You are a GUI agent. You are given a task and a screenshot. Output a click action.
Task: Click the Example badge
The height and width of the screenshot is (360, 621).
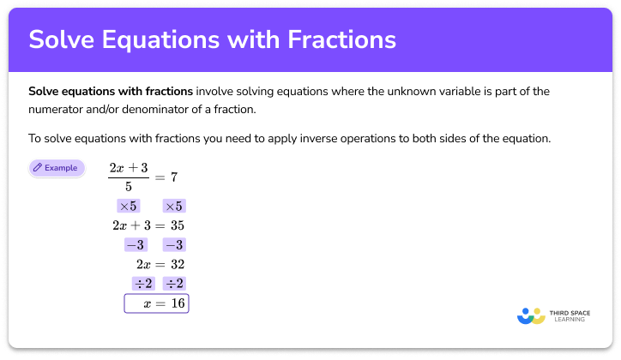point(57,168)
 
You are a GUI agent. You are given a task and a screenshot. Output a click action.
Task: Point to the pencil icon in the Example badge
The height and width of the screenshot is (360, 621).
point(38,168)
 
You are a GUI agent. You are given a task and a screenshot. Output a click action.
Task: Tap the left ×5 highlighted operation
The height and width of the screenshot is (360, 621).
point(128,206)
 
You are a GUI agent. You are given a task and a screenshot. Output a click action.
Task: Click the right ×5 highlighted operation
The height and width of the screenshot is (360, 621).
point(173,206)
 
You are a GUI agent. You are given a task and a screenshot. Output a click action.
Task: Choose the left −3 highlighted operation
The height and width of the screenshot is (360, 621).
point(135,245)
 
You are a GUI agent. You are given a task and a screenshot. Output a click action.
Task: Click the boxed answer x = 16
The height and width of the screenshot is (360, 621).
point(156,303)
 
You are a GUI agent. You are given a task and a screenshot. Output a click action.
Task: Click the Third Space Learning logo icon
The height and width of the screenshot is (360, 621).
point(532,315)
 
